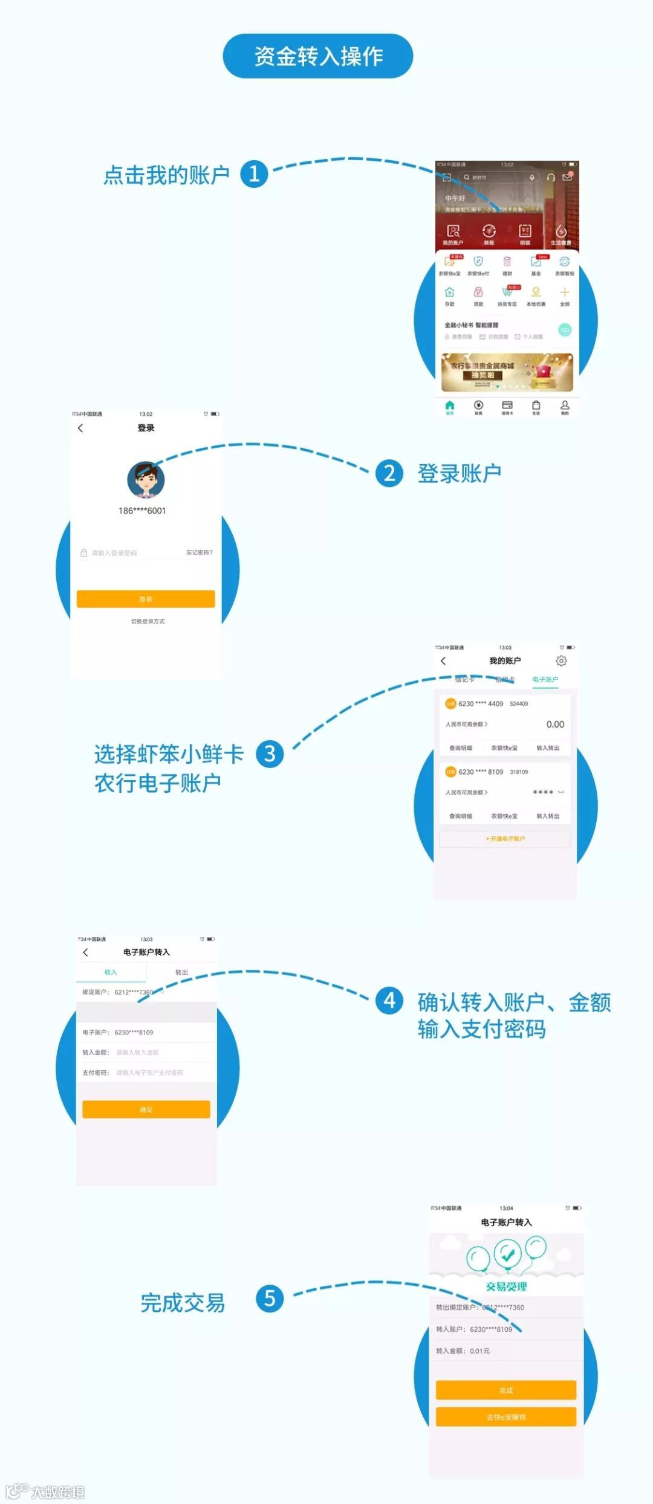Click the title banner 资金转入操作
318,56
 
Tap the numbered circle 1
254,174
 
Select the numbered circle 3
270,754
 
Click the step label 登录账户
459,474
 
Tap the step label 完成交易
183,1303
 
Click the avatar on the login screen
146,480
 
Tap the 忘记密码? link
199,552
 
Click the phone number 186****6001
142,511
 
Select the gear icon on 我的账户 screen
561,661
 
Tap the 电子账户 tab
545,680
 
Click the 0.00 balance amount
555,725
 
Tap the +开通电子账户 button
505,839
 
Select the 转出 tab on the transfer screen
181,972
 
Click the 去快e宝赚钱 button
506,1417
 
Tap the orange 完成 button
506,1390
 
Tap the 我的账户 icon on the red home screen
453,234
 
